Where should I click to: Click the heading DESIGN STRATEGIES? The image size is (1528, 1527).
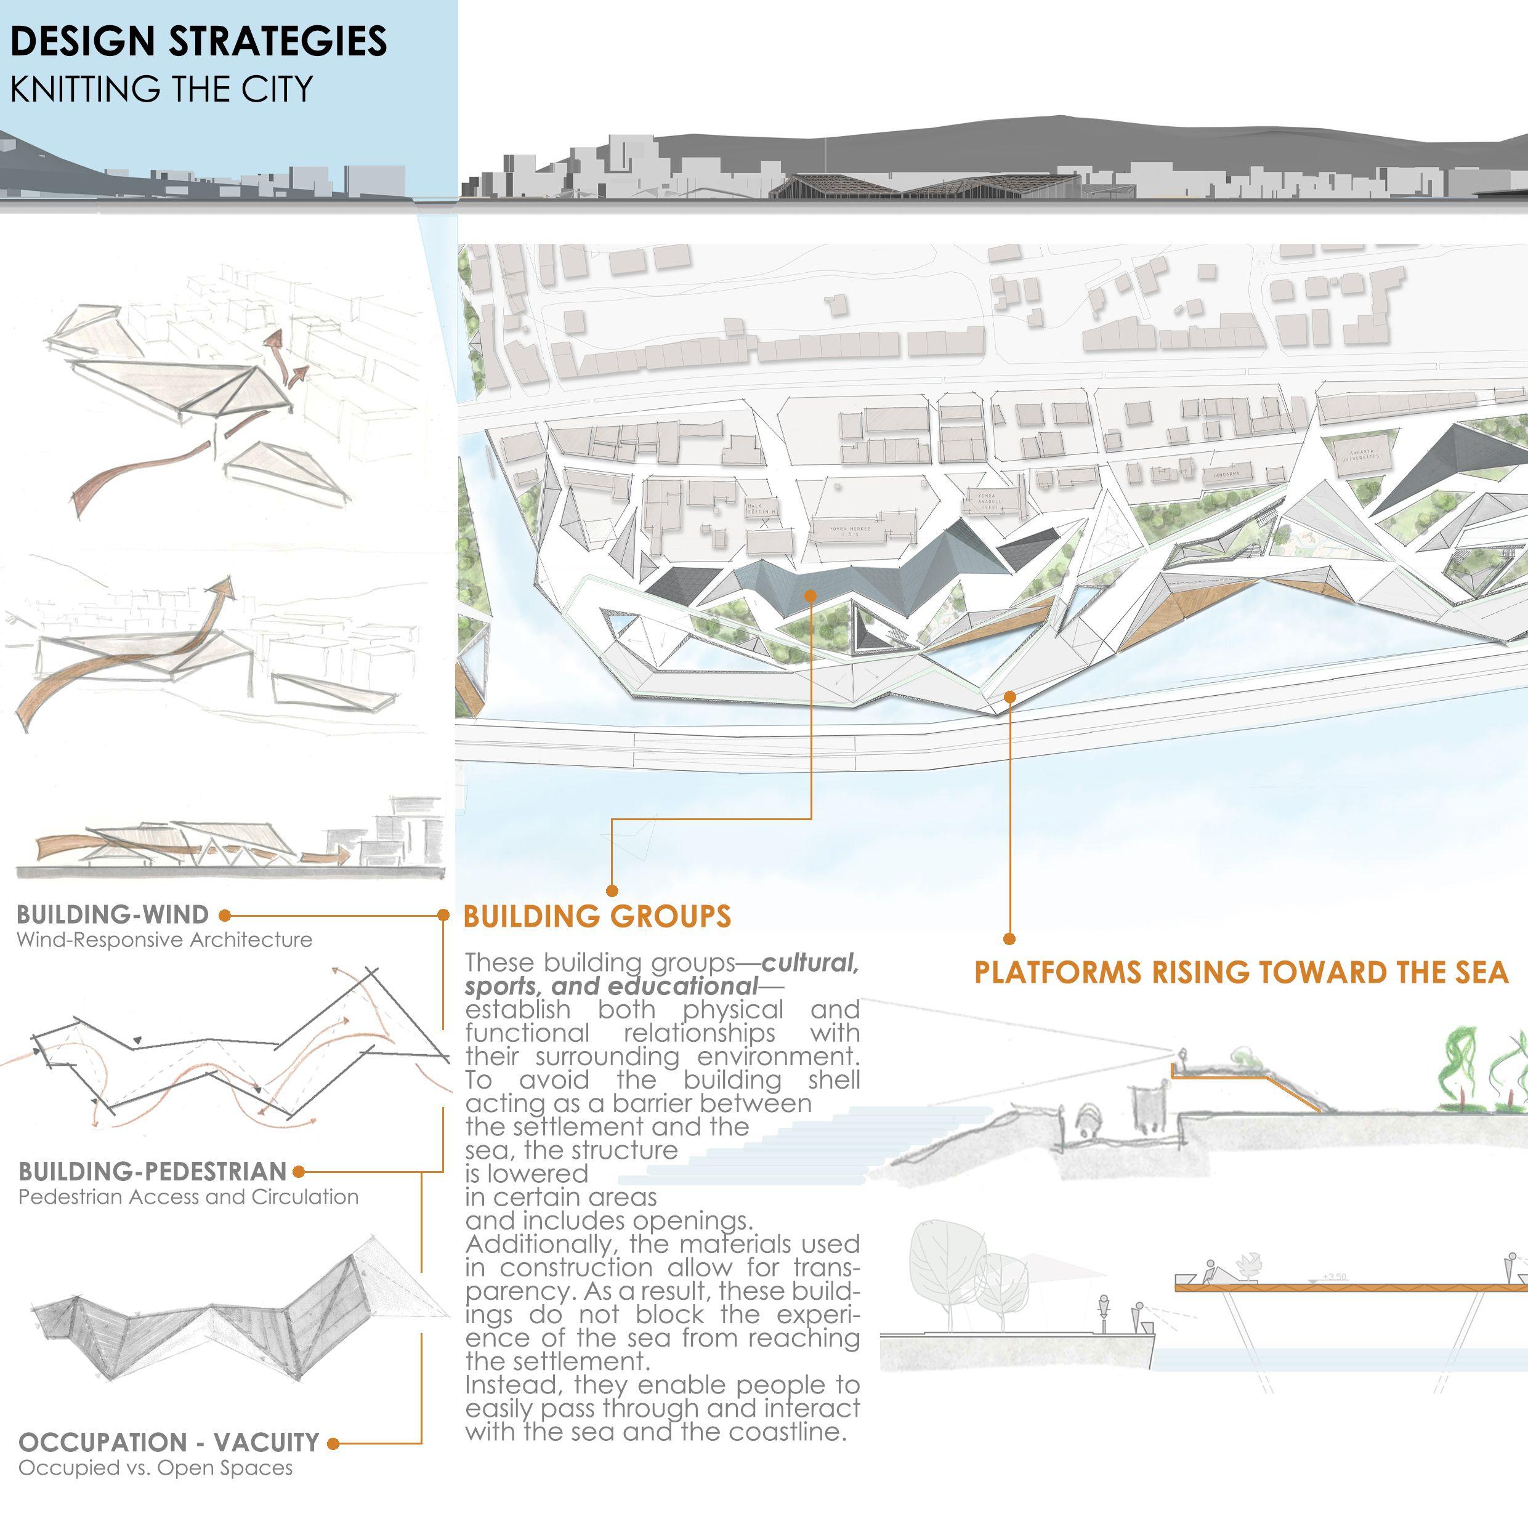click(x=198, y=42)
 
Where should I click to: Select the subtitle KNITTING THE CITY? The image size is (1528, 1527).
click(x=161, y=89)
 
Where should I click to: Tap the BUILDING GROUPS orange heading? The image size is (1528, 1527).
click(x=597, y=917)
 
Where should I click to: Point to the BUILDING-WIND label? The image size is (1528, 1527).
click(x=112, y=915)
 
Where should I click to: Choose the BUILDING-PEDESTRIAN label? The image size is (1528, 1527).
click(x=152, y=1171)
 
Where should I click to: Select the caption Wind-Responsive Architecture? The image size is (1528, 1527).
click(x=164, y=940)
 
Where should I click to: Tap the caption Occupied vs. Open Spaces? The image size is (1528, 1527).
click(x=155, y=1469)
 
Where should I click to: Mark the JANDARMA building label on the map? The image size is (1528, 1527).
click(x=1222, y=475)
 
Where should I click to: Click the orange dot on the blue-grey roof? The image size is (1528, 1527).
click(x=810, y=595)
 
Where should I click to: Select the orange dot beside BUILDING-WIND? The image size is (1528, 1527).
click(x=225, y=916)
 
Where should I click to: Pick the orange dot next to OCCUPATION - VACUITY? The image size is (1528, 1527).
click(x=333, y=1443)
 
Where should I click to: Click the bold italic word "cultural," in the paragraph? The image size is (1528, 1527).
click(x=810, y=963)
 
